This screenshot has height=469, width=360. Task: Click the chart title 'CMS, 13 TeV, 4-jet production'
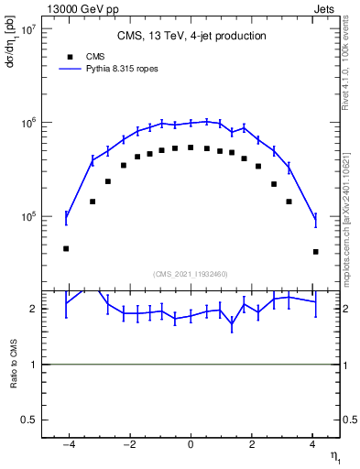pos(191,36)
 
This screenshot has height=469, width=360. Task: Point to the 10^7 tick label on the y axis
pos(27,28)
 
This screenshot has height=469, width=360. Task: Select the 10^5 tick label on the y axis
pos(27,217)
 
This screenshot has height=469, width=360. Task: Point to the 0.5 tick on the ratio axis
pos(28,420)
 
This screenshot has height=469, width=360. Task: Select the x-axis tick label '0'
pos(191,445)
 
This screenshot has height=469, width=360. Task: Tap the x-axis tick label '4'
pos(312,445)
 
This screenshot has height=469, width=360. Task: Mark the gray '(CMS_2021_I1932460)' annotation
pos(191,274)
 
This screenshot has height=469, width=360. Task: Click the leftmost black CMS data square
pos(66,248)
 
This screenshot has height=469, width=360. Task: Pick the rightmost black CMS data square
pos(315,251)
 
